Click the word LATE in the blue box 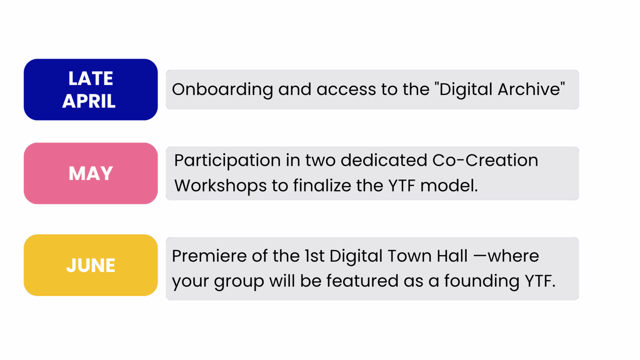[x=91, y=78]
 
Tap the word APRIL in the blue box [x=89, y=101]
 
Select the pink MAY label [x=91, y=173]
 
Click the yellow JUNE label [x=91, y=265]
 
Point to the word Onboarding [x=222, y=90]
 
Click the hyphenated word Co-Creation [x=485, y=160]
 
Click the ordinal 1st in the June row [x=314, y=256]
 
